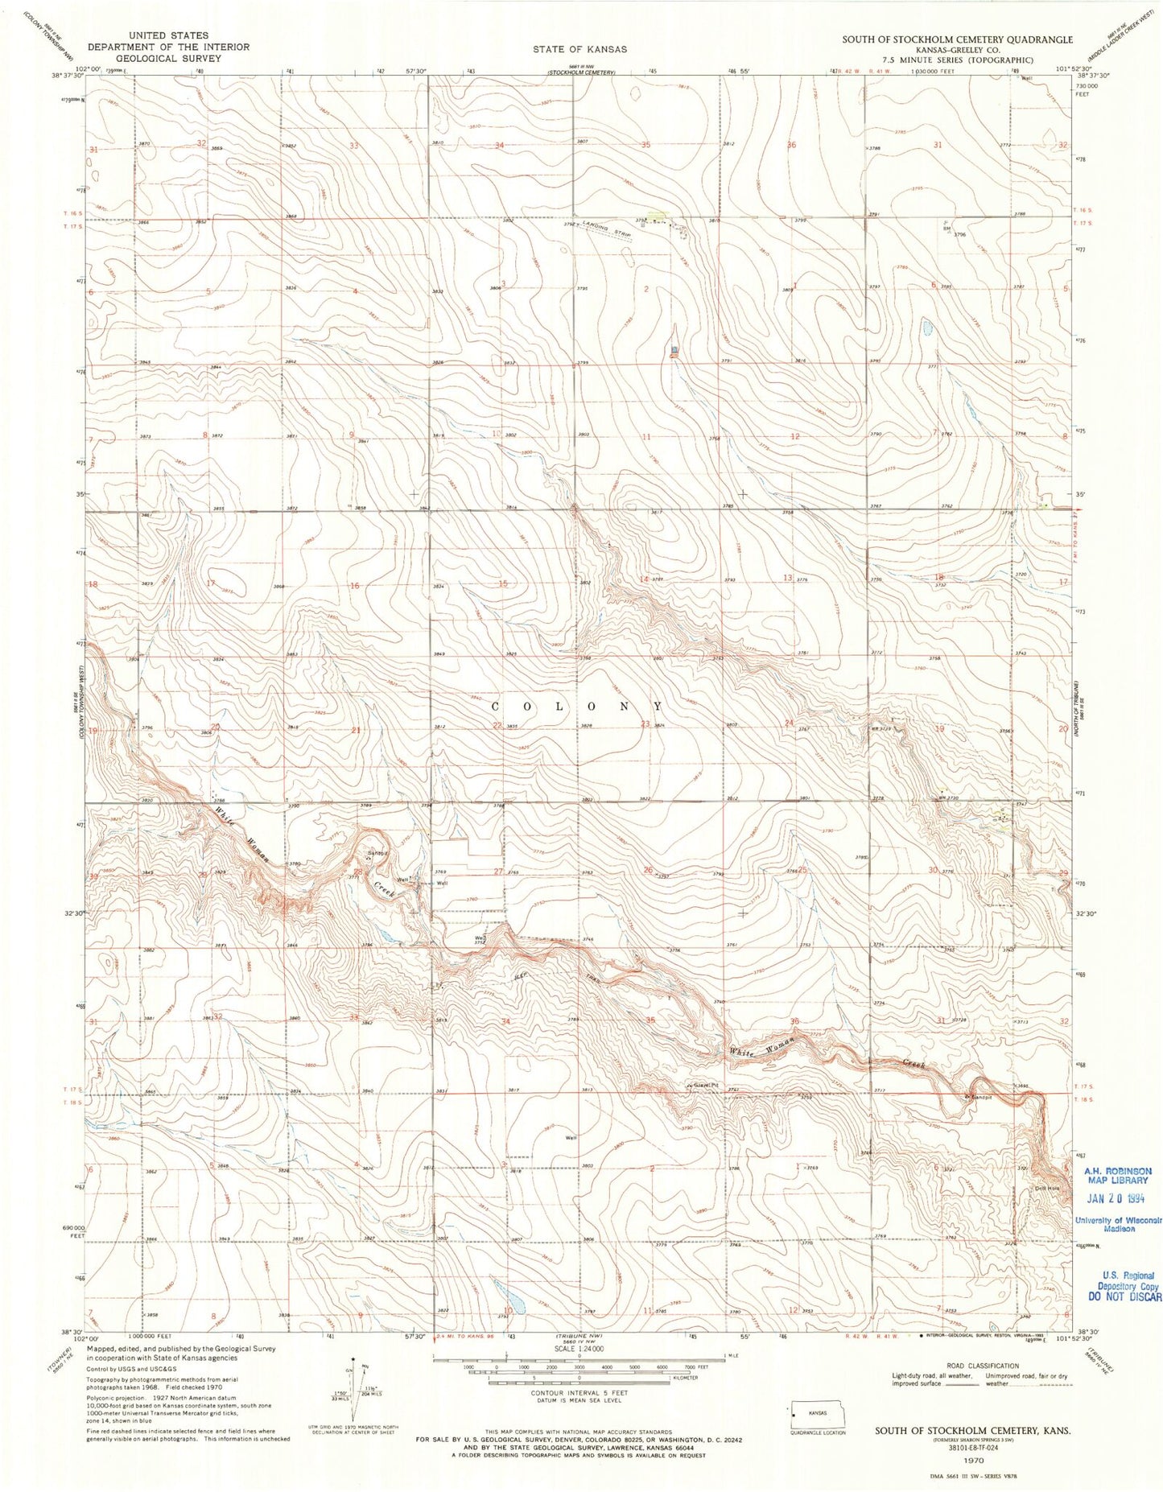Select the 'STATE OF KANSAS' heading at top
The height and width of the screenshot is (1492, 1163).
click(579, 49)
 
